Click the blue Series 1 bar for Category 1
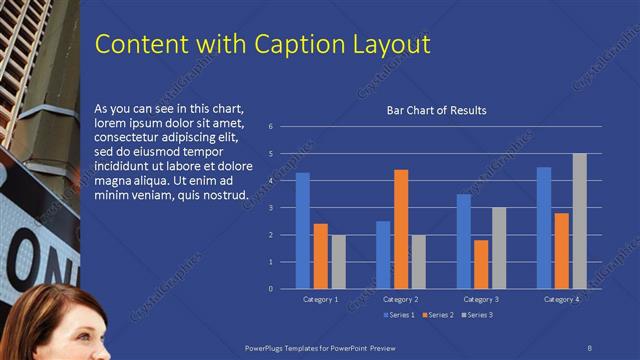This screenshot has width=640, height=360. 302,231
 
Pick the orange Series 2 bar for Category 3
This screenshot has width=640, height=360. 480,264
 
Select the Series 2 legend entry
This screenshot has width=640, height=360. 439,315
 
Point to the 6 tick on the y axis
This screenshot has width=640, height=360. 270,127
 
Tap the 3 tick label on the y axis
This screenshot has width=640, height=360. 270,208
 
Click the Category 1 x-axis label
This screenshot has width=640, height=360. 320,299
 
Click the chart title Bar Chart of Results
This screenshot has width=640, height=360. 436,110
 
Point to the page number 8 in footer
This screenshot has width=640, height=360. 590,346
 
